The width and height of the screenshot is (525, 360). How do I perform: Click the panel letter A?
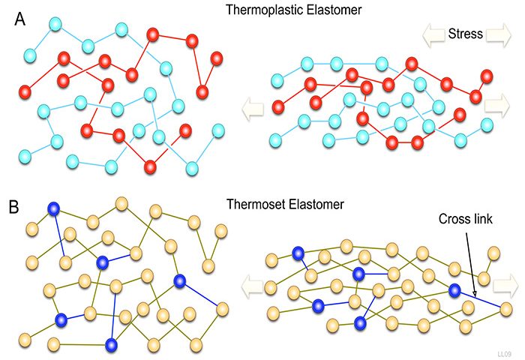(22, 20)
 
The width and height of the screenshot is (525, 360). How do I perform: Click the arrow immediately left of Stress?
(433, 34)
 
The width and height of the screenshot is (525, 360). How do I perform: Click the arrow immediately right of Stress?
(496, 34)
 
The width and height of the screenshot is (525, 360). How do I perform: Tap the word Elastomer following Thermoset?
(311, 202)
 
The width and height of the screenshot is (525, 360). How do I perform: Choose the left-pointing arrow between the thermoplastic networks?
(252, 109)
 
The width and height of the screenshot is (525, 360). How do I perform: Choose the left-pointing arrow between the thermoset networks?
(253, 283)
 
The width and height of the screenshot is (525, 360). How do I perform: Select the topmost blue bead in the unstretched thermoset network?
(54, 209)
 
